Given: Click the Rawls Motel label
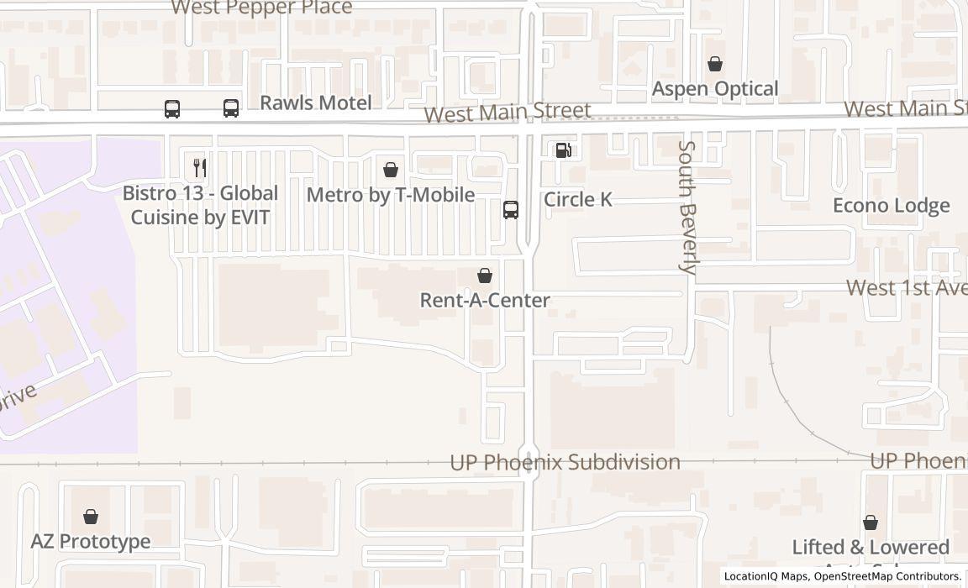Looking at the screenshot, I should pos(315,102).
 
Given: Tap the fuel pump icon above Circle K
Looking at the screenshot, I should pos(563,150).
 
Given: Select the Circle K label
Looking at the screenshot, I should pos(578,199).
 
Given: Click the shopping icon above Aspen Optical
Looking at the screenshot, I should pos(714,64).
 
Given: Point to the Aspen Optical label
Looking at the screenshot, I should pos(715,88).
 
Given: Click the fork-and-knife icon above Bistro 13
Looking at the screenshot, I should pos(199,167).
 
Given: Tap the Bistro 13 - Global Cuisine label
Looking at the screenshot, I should pos(200,205).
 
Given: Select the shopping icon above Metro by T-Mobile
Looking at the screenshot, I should pos(390,170).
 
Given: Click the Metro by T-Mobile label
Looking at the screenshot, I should pos(391,195).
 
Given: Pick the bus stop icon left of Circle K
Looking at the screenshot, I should pos(510,209).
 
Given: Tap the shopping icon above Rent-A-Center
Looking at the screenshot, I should pos(485,276).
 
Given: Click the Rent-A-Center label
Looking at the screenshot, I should pos(485,300).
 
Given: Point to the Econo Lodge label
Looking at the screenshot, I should pos(891,206).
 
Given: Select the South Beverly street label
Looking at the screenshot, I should pos(687,207).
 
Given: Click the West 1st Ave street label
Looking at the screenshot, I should pos(906,287).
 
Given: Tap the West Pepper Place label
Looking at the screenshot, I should pos(261,8).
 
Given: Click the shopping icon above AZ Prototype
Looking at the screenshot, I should pos(91,517).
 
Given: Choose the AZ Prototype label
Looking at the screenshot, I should pos(91,541).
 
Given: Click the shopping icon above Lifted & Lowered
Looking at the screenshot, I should pos(871,522).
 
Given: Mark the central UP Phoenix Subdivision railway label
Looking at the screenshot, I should pos(565,462).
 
